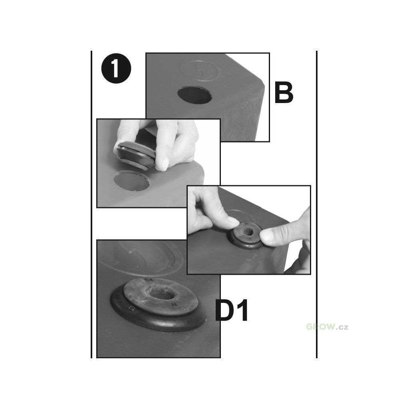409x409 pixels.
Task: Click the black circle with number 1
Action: point(116,69)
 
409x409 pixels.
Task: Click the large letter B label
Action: point(284,93)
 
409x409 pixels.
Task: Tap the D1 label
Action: point(232,311)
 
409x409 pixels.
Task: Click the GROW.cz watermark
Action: point(327,327)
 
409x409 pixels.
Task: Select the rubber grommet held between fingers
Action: point(134,155)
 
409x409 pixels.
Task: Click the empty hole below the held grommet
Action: point(132,180)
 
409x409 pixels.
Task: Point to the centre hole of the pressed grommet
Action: point(247,230)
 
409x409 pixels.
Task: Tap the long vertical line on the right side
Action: point(317,204)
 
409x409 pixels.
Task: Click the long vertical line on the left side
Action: point(91,204)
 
